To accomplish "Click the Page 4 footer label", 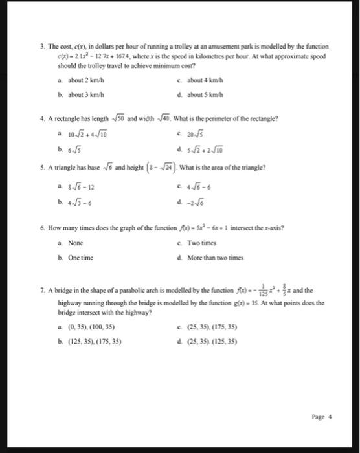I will (321, 417).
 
